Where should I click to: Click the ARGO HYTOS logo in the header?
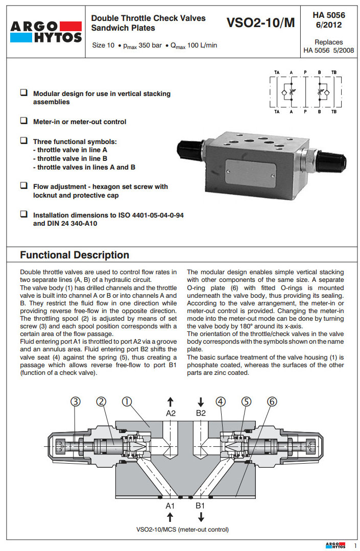45,32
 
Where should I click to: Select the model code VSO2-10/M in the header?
260,23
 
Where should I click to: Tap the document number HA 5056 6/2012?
329,20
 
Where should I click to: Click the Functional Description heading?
75,255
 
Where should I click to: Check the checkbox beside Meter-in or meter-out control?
23,121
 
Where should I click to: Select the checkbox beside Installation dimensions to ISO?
23,214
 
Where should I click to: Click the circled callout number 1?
126,402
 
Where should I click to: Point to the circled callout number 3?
76,402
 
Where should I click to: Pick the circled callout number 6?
272,402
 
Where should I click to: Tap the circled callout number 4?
221,402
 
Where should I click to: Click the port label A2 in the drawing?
171,413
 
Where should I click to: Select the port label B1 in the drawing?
201,506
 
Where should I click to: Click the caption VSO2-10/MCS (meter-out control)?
182,529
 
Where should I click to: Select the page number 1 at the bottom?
355,546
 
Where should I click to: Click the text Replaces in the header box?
329,42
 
